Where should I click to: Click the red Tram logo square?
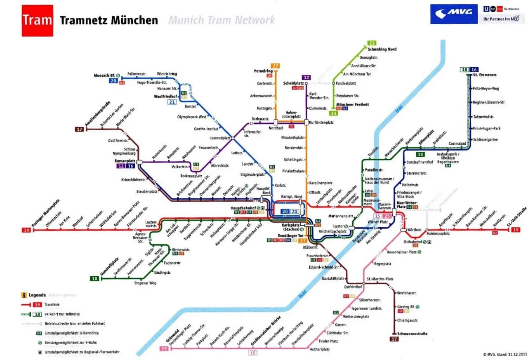pyautogui.click(x=37, y=20)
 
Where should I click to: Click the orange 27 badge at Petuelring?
pyautogui.click(x=275, y=66)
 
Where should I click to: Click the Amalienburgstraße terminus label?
pyautogui.click(x=97, y=114)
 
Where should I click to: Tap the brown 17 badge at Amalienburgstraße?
pyautogui.click(x=79, y=129)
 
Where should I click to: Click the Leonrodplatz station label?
pyautogui.click(x=219, y=138)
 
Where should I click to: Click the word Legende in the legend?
pyautogui.click(x=37, y=295)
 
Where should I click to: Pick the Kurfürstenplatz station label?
pyautogui.click(x=322, y=122)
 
